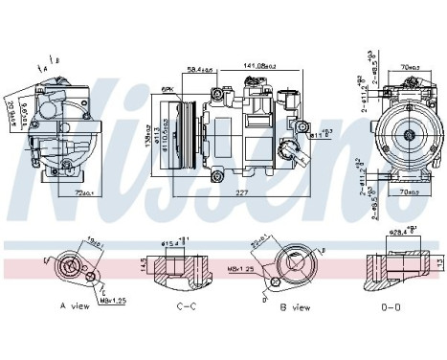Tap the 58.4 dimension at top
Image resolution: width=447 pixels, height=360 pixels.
point(199,70)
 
